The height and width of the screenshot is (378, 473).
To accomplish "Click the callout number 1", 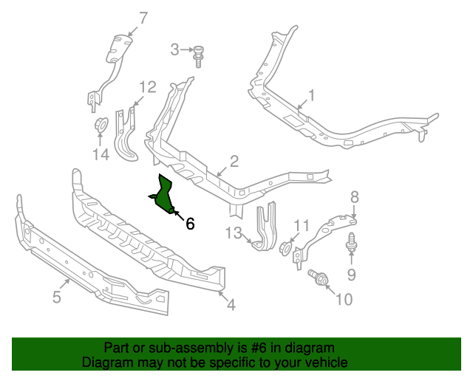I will (311, 95).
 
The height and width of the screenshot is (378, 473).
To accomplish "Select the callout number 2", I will (234, 161).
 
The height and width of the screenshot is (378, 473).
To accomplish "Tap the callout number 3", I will (175, 49).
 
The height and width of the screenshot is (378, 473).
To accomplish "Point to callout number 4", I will (231, 303).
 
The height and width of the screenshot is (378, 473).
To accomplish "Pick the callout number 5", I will (57, 298).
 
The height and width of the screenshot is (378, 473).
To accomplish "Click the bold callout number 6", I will (190, 223).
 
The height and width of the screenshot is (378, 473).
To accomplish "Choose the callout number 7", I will (143, 17).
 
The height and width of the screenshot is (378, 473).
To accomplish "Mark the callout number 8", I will (354, 196).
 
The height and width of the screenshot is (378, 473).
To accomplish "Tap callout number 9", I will (351, 275).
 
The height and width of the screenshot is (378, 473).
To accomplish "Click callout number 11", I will (302, 225).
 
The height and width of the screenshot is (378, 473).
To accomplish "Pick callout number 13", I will (234, 234).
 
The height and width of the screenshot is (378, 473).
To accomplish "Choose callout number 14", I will (101, 154).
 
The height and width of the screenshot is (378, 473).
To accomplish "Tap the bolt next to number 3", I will (199, 54).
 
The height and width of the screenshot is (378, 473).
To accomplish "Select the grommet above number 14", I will (100, 125).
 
